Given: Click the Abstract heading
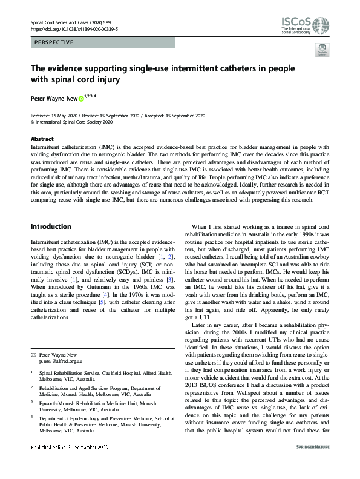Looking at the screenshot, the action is (x=42, y=139).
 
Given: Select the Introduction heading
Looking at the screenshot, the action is (x=51, y=227).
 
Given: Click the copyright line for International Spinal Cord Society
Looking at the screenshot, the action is (x=73, y=121).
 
